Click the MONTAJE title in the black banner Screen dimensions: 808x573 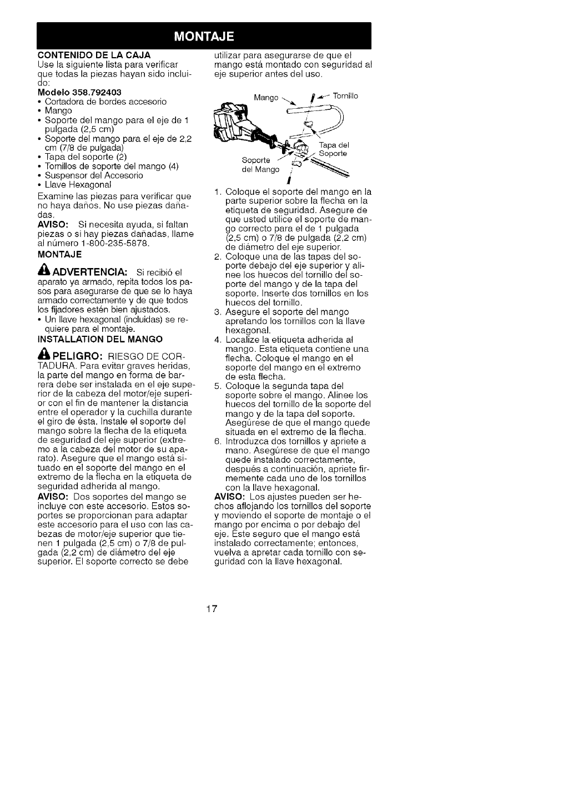pyautogui.click(x=204, y=37)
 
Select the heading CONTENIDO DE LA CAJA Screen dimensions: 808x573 pyautogui.click(x=94, y=55)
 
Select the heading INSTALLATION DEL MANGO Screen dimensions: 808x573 pyautogui.click(x=99, y=339)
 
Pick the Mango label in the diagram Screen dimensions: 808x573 pyautogui.click(x=265, y=98)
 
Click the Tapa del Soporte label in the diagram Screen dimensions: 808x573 pyautogui.click(x=334, y=149)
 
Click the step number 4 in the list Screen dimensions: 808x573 pyautogui.click(x=217, y=340)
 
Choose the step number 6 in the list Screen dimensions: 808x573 pyautogui.click(x=217, y=442)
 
